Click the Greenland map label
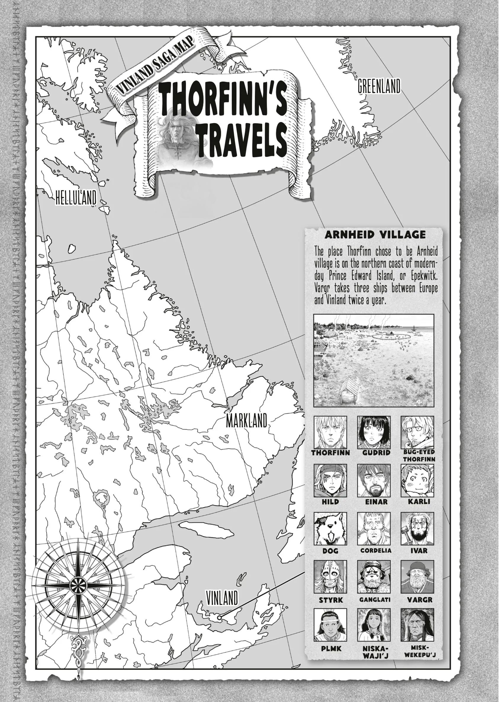tap(379, 86)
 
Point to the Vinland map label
tap(222, 598)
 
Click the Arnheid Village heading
tap(375, 235)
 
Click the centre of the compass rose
tap(78, 583)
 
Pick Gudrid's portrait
tap(374, 433)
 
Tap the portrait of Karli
tap(417, 481)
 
